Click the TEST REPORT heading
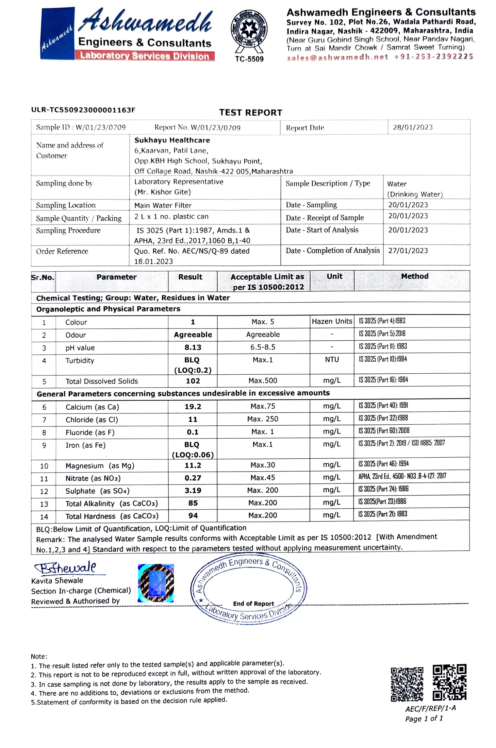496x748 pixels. coord(251,113)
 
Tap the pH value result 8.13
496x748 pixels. coord(193,347)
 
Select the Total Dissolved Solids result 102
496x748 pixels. coord(193,381)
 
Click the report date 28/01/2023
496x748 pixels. coord(413,128)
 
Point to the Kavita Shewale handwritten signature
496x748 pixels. coord(65,568)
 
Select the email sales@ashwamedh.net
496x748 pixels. coord(337,57)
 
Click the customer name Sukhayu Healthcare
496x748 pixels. coord(172,140)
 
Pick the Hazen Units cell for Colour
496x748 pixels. coord(332,321)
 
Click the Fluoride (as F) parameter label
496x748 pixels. coord(90,432)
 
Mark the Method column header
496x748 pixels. coord(414,276)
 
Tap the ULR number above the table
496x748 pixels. coord(83,110)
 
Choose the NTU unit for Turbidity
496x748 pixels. coord(332,360)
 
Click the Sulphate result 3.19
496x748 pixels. coord(193,491)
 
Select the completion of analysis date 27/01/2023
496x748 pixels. coord(408,251)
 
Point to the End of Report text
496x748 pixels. coord(253,604)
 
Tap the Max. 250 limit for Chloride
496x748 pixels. coord(263,419)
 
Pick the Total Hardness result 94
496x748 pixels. coord(193,516)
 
